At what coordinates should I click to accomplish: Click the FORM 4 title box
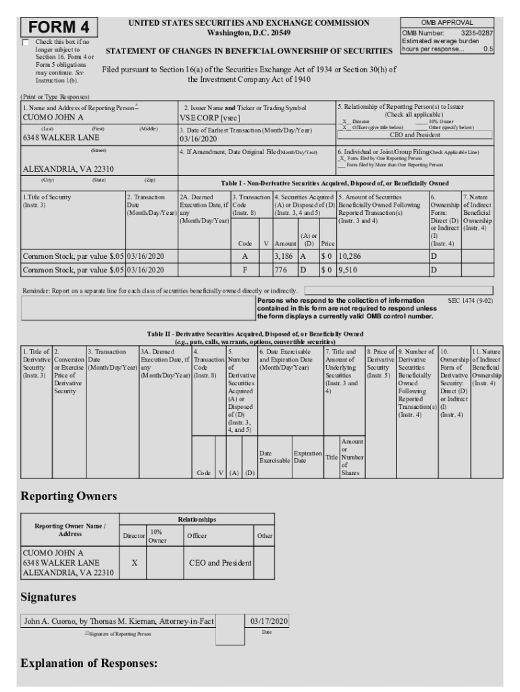point(59,27)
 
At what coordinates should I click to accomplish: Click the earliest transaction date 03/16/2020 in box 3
point(198,139)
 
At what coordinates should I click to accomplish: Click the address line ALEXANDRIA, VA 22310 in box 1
point(68,169)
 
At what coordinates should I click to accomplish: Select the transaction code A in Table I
point(244,257)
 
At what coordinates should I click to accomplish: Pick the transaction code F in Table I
point(244,270)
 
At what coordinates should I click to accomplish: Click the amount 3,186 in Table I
point(284,257)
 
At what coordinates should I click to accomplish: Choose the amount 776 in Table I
point(280,270)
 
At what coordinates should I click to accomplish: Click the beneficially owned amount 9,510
point(347,270)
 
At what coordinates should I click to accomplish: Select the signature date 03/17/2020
point(269,620)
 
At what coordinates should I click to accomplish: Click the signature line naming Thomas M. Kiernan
point(119,620)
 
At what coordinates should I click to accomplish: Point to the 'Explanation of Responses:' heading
point(89,663)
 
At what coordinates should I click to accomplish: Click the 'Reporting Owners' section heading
point(69,496)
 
